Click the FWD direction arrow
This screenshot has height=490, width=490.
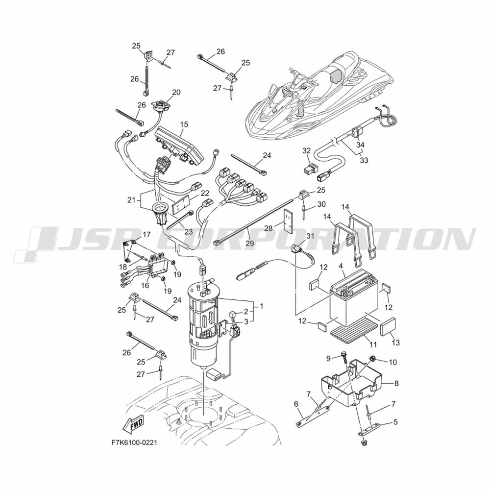click(133, 423)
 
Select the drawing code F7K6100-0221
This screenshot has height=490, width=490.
click(134, 443)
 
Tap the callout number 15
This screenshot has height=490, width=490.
click(184, 124)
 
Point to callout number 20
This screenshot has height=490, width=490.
click(176, 93)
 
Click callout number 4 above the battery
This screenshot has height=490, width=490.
click(341, 266)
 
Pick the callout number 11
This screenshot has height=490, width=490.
click(373, 344)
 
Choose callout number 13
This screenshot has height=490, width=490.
click(395, 343)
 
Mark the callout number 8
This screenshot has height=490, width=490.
click(396, 383)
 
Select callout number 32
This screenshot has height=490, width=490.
click(307, 150)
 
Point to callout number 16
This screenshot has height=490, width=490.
click(145, 285)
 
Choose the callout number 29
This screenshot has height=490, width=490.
click(250, 243)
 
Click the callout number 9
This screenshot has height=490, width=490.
click(328, 359)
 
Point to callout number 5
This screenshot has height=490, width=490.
click(395, 422)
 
